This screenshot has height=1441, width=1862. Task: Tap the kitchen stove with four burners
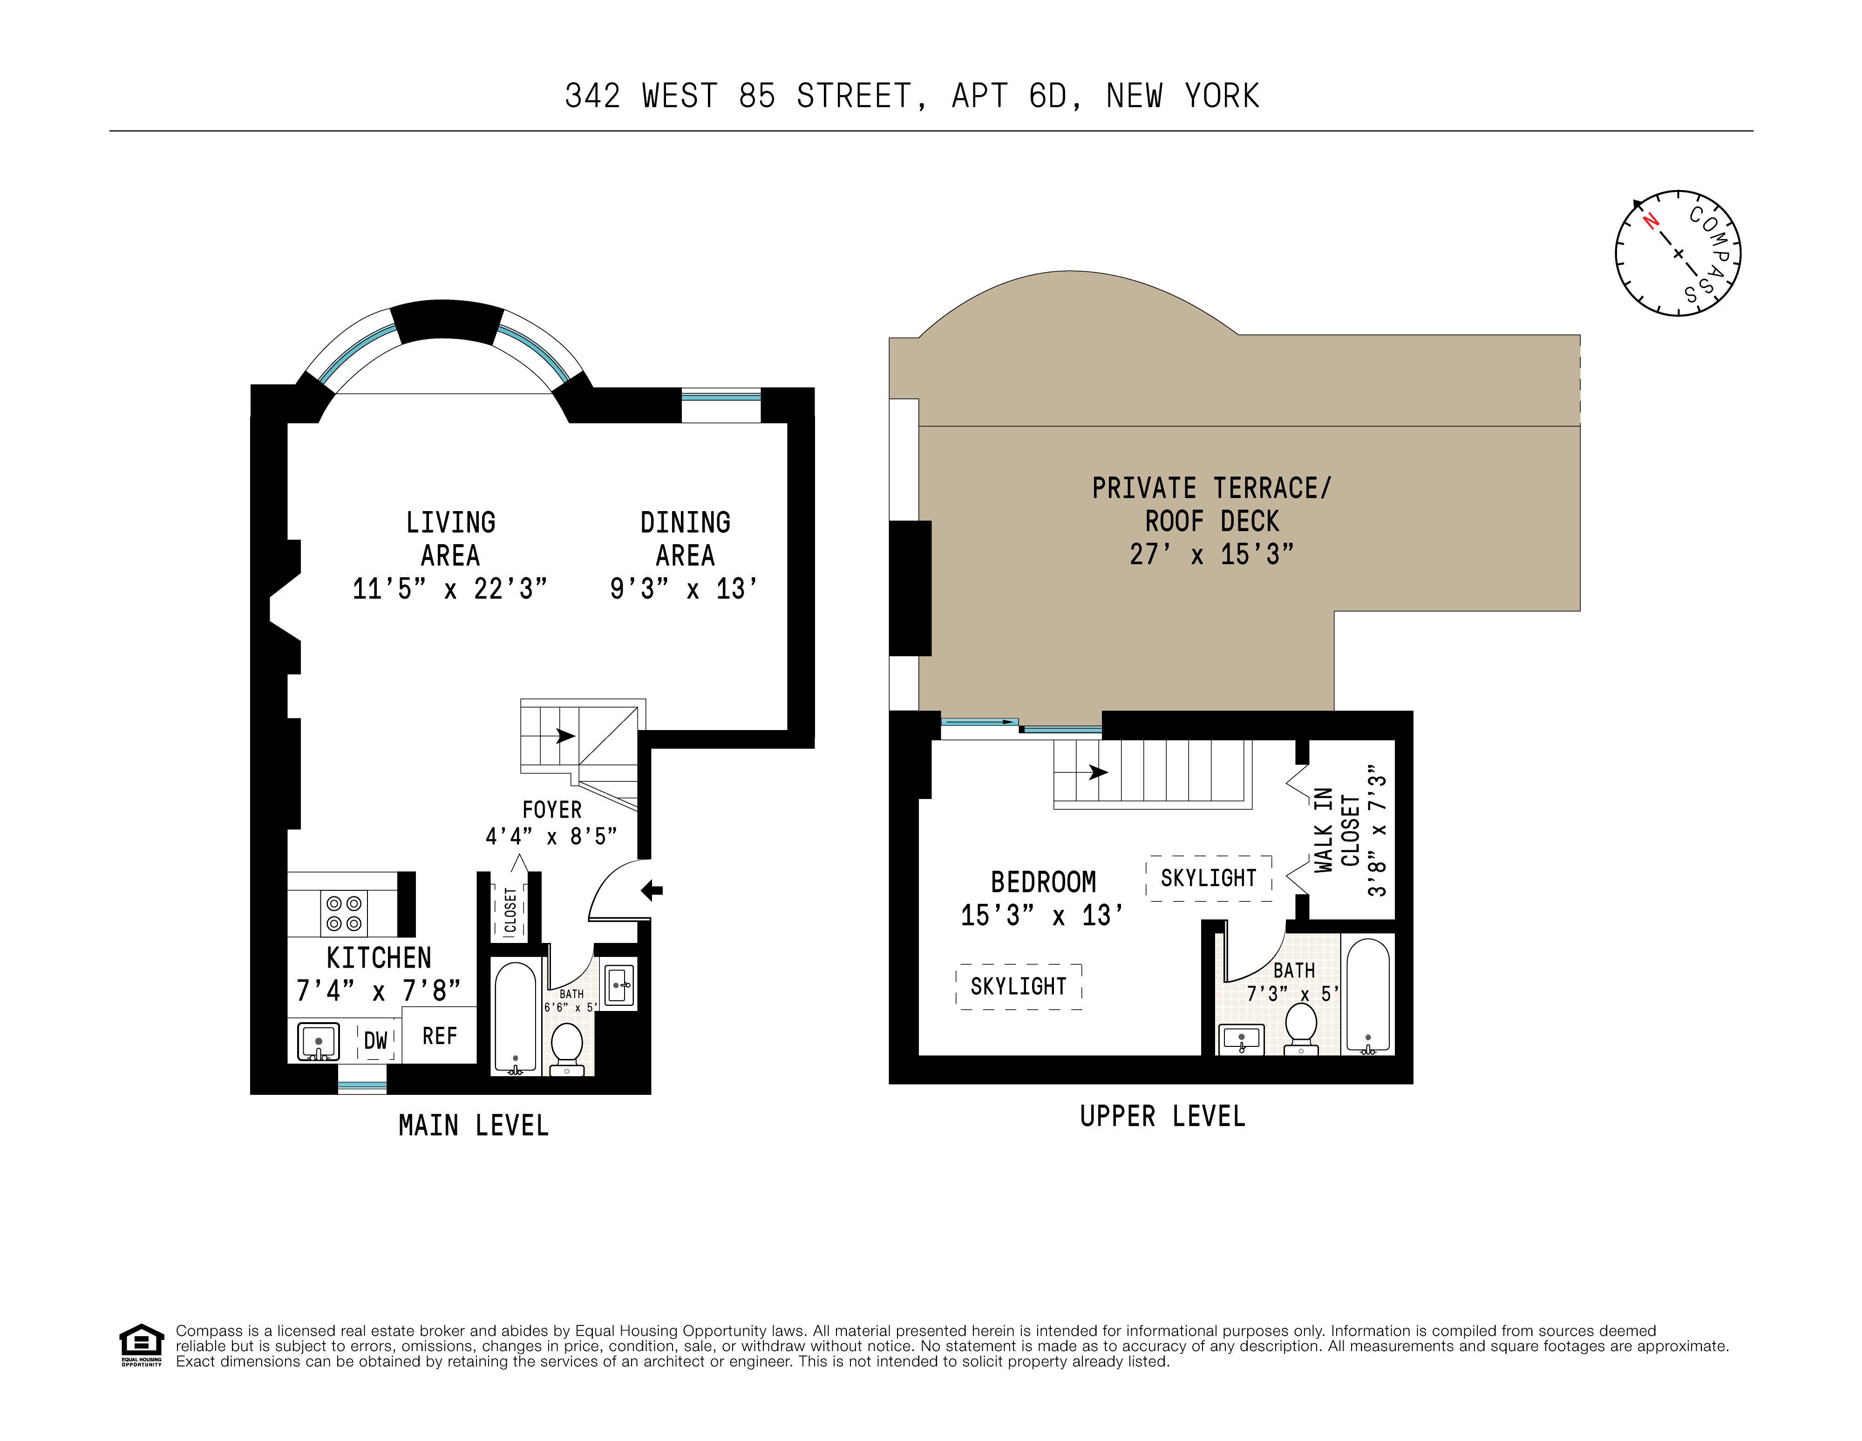pos(344,913)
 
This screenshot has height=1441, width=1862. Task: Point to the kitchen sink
pos(318,1042)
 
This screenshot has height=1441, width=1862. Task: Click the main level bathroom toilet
pos(567,1047)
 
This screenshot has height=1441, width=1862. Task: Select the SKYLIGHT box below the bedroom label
pos(1019,987)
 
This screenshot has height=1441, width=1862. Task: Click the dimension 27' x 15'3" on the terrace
pos(1211,555)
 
